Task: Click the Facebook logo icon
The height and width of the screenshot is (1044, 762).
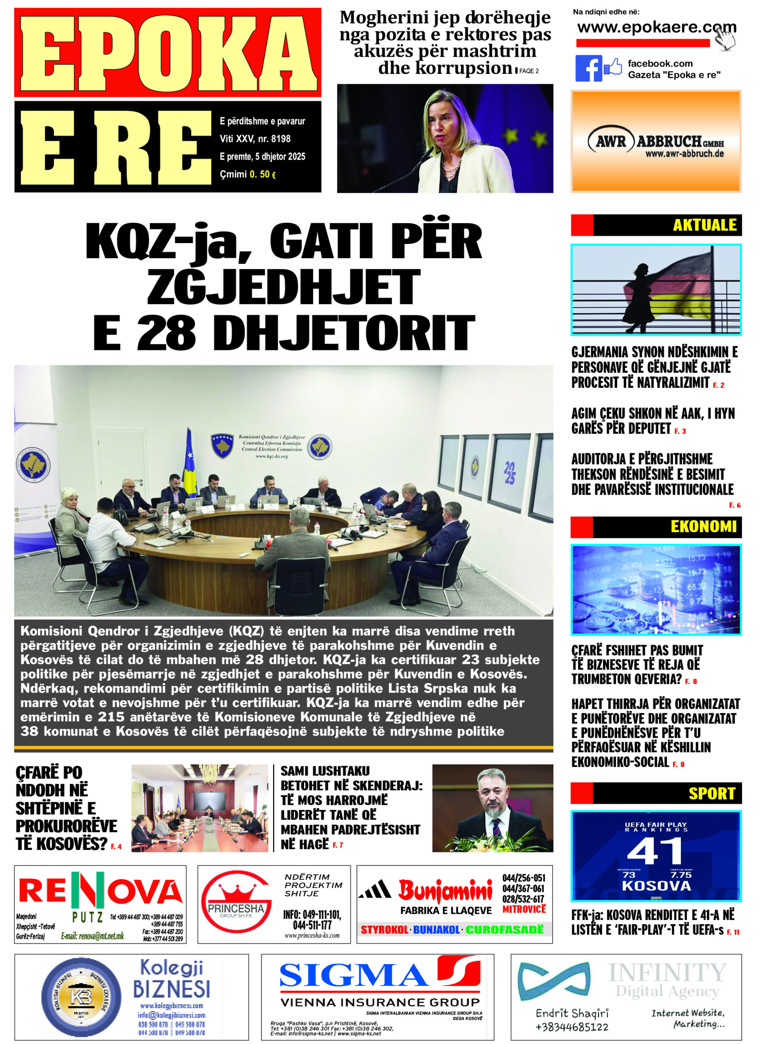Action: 588,69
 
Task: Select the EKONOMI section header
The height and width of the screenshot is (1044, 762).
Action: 703,527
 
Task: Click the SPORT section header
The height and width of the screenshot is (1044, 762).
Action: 711,793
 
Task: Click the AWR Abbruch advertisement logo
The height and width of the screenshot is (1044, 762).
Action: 655,142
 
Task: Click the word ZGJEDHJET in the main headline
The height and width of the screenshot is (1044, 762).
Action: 283,286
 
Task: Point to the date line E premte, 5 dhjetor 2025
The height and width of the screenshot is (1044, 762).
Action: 262,157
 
